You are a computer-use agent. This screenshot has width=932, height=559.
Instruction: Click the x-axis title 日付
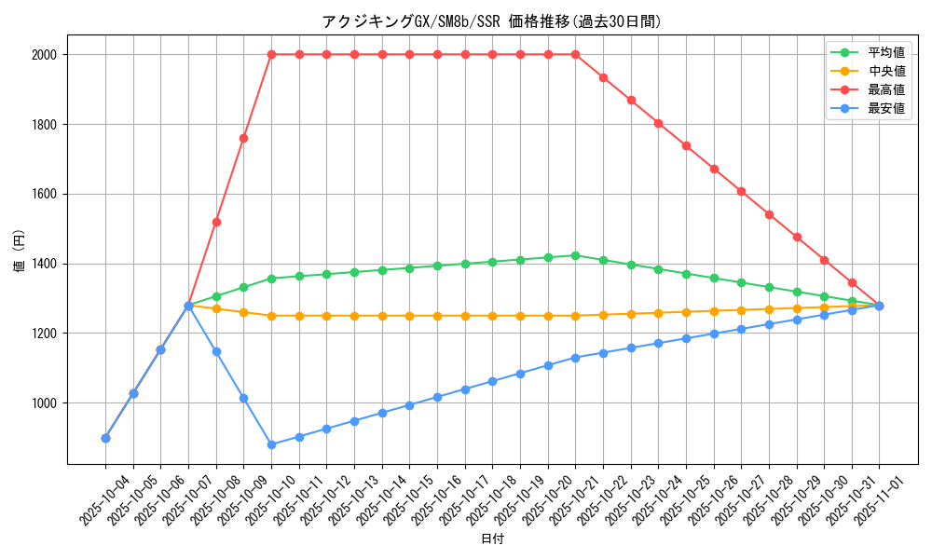click(492, 539)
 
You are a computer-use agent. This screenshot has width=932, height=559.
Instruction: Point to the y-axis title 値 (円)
click(19, 252)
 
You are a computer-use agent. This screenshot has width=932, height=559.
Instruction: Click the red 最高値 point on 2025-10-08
click(216, 222)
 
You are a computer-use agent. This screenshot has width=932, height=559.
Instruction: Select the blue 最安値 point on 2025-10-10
click(271, 444)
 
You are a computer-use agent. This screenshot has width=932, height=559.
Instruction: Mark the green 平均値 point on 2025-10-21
click(575, 255)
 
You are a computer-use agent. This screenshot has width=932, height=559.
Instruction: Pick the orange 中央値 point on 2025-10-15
click(409, 316)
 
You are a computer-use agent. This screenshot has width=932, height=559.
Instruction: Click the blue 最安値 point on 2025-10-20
click(548, 365)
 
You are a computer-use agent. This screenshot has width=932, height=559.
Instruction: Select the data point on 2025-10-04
click(105, 438)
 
